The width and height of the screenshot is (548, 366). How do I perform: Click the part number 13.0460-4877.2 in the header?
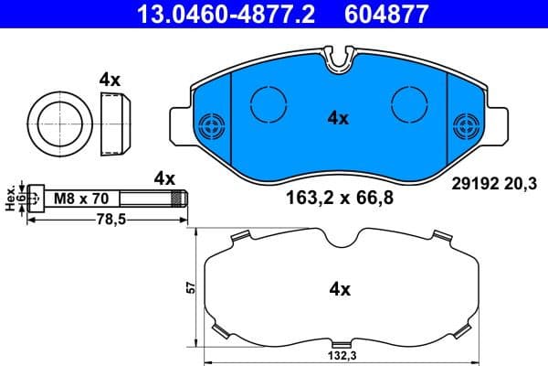click(x=212, y=15)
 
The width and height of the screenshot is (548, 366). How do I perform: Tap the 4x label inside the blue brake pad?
click(x=339, y=117)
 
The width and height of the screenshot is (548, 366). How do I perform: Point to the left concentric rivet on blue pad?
click(x=213, y=124)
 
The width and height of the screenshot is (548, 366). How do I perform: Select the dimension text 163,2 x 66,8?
click(x=332, y=196)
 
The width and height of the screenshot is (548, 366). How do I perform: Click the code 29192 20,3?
click(x=492, y=182)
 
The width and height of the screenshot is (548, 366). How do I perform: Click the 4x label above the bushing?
click(x=110, y=81)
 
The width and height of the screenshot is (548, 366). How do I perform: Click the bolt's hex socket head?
click(x=36, y=197)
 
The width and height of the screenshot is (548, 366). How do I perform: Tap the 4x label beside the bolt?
click(x=164, y=178)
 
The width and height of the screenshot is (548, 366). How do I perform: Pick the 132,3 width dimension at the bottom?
click(x=339, y=357)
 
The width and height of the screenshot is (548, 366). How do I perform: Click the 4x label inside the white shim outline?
click(x=340, y=289)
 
